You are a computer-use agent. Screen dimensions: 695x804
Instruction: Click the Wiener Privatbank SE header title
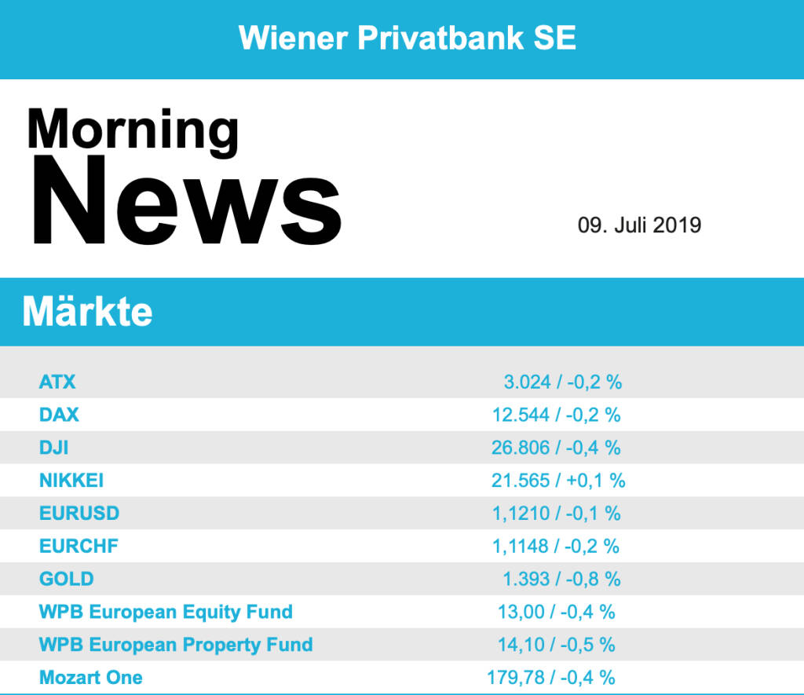coord(407,38)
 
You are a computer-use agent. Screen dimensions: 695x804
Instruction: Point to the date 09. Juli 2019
coord(639,226)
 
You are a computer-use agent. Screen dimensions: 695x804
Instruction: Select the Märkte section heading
coord(87,312)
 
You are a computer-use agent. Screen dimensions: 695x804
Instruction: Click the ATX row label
coord(57,382)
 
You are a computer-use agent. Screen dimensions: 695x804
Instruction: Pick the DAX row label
coord(59,415)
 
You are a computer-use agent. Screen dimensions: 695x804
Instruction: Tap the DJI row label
coord(54,448)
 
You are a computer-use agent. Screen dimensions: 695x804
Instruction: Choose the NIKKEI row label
coord(71,480)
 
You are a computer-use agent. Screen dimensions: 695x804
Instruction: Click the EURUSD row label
coord(79,513)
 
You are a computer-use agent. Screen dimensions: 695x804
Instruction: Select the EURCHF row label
coord(79,546)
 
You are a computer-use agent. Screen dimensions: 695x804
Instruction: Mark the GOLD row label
coord(66,579)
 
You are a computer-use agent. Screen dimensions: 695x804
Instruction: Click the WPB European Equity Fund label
coord(166,612)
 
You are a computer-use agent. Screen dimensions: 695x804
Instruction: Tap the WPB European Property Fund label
coord(176,645)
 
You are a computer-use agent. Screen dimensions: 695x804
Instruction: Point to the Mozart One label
coord(91,677)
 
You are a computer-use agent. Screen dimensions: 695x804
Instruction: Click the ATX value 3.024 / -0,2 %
coord(562,382)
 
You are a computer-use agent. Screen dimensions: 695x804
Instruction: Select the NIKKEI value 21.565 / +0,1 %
coord(557,480)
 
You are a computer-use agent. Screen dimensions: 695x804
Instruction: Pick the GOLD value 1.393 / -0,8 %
coord(561,579)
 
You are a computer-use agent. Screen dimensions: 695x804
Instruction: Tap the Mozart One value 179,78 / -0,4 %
coord(551,677)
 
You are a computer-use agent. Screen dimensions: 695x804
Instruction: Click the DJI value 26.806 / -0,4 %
coord(556,448)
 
